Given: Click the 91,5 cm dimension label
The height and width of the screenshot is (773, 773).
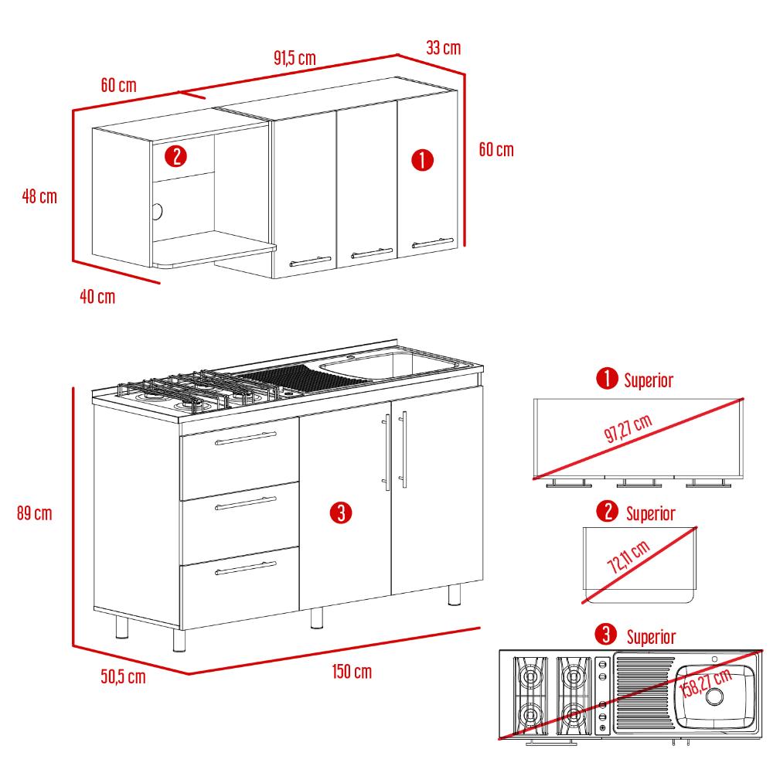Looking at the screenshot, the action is click(x=295, y=58).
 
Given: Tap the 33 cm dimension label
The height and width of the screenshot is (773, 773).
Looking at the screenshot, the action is click(x=443, y=48).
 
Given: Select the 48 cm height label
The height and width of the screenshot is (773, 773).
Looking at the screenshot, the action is click(x=39, y=196).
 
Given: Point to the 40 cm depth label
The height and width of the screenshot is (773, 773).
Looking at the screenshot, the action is click(x=97, y=297).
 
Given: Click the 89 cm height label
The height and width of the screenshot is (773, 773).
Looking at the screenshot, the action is click(x=35, y=513).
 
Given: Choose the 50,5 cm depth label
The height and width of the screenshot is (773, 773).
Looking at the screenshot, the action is click(x=123, y=676).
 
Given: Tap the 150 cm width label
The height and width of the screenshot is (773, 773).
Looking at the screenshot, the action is click(x=352, y=672).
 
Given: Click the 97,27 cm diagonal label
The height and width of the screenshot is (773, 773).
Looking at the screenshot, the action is click(x=628, y=427).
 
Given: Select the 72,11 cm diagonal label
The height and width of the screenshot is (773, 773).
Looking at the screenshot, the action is click(x=628, y=557).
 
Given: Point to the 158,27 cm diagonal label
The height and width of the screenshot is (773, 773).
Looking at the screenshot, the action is click(x=706, y=683).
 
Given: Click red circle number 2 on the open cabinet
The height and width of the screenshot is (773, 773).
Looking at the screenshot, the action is click(x=176, y=156).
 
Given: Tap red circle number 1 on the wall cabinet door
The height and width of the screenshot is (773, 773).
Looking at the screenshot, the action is click(x=423, y=160).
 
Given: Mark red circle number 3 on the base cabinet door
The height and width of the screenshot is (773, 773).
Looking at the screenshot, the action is click(x=341, y=512).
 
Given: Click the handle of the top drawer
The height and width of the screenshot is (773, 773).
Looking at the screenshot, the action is click(x=246, y=438).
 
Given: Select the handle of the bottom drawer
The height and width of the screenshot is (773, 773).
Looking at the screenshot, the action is click(x=246, y=568).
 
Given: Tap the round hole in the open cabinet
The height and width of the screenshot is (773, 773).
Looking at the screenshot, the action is click(x=157, y=212).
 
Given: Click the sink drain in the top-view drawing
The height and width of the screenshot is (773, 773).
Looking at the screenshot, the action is click(x=714, y=696).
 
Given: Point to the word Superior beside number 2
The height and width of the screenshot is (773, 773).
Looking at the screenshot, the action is click(x=651, y=514).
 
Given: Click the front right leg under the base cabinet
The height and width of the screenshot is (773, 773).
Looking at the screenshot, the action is click(x=454, y=594).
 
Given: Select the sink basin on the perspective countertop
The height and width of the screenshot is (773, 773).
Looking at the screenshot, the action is click(x=389, y=366).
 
